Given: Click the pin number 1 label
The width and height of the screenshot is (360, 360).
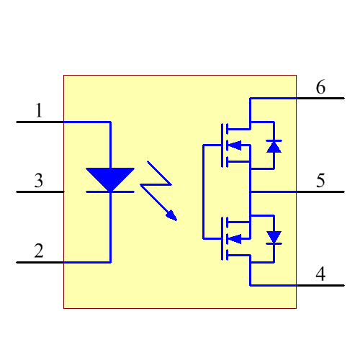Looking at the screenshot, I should coord(39,111).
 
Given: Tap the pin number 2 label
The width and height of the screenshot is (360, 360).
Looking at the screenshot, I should coord(39,251).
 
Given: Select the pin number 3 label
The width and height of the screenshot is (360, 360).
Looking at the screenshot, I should coord(39,181).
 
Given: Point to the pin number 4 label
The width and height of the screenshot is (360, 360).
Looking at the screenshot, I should coord(320,274).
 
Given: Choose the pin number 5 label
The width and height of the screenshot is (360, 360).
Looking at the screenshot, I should coord(320,181).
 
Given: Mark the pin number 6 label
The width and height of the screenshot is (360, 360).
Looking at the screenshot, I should coord(320,87).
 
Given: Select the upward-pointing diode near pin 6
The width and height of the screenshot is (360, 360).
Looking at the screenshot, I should coord(274,146).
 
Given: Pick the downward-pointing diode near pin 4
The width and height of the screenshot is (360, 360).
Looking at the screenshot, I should coord(274,237).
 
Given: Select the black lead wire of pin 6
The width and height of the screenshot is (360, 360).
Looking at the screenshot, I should coord(320,98).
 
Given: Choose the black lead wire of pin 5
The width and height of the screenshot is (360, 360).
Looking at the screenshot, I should coord(320,192).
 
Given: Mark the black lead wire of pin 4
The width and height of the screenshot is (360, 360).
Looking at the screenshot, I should coord(320,285).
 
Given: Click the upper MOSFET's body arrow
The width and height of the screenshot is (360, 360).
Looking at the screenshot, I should coord(234,145).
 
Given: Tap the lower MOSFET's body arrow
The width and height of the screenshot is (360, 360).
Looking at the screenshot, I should coord(234,238).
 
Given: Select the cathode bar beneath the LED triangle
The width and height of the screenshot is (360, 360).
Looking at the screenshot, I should coord(109,192).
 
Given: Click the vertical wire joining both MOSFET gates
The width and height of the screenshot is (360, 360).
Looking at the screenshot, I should coord(204,192).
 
